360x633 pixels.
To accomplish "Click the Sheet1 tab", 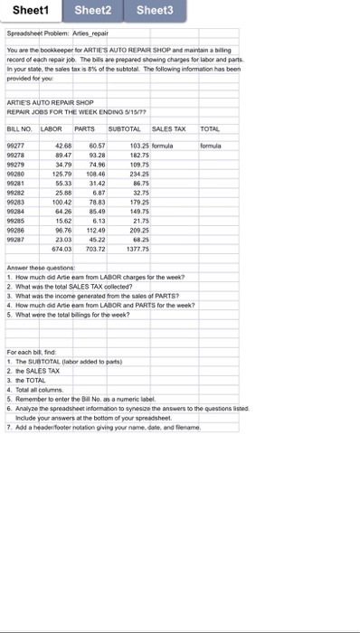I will point(31,11).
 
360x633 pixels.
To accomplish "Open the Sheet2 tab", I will point(93,11).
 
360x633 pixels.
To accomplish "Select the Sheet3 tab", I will point(155,11).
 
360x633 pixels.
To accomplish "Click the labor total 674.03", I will point(62,248).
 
